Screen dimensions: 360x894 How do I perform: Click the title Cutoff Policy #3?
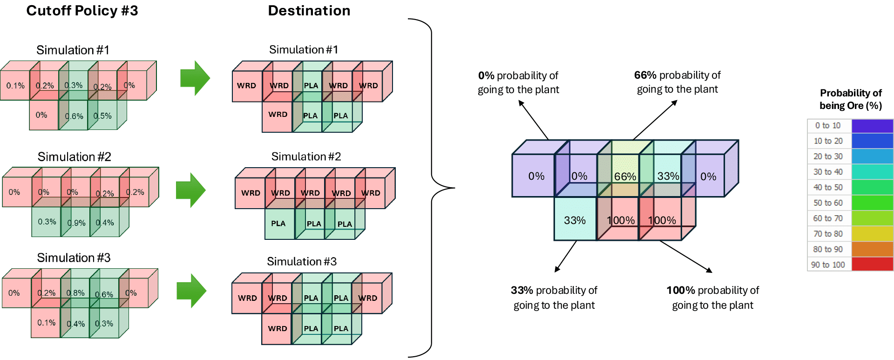[82, 11]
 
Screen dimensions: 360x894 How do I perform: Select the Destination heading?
[309, 11]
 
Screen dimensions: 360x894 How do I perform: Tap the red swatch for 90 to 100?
[872, 265]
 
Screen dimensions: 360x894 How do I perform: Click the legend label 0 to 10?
[828, 126]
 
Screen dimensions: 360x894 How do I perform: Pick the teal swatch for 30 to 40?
[872, 172]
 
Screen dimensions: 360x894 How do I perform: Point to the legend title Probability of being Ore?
[851, 99]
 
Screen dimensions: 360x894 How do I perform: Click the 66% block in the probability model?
[624, 177]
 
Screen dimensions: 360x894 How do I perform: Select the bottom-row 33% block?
[575, 220]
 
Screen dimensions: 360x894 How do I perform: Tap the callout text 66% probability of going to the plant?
[677, 82]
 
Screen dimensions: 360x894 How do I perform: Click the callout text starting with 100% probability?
[712, 298]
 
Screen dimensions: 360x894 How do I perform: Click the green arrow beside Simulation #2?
[190, 190]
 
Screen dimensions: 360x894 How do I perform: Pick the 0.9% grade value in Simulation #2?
[76, 223]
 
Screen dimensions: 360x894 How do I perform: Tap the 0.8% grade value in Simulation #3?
[75, 293]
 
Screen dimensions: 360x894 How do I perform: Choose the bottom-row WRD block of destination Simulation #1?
[278, 115]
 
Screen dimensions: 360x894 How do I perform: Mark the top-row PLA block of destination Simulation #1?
[311, 86]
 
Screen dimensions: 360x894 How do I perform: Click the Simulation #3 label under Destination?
[302, 261]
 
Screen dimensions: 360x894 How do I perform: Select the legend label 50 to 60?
[828, 203]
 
